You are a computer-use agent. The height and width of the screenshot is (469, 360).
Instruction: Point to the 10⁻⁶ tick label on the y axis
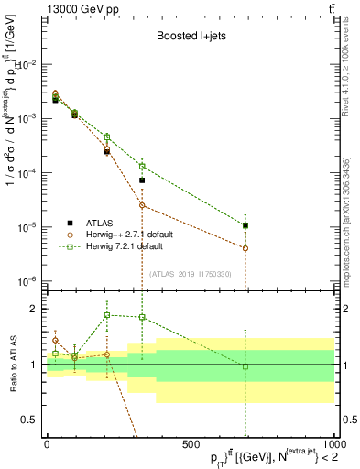click(28, 281)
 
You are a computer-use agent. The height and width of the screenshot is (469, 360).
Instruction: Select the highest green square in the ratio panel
click(107, 315)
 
